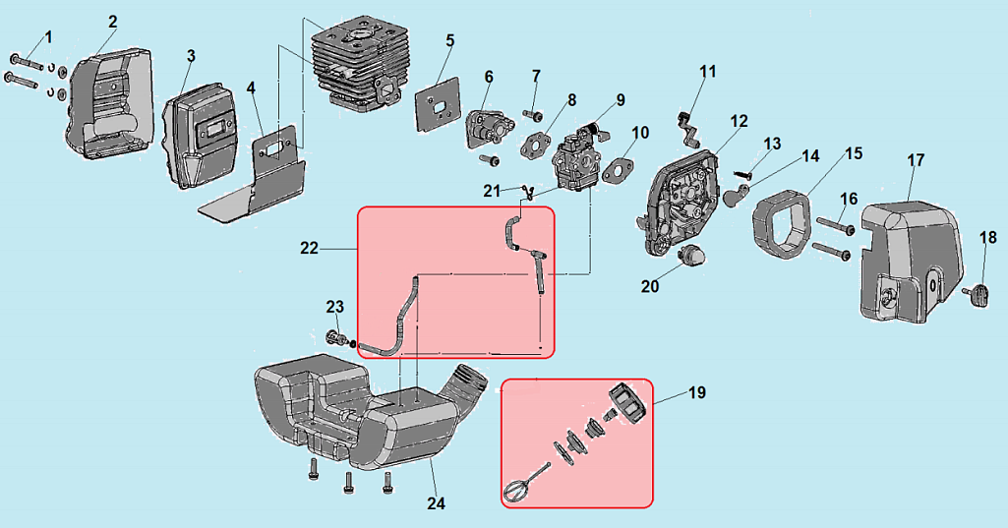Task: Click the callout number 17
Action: click(x=916, y=159)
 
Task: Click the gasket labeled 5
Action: click(x=435, y=100)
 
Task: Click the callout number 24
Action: click(x=436, y=503)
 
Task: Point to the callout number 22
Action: click(x=309, y=250)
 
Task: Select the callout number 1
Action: click(x=48, y=36)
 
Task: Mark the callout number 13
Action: click(x=772, y=144)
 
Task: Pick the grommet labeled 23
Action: click(x=335, y=339)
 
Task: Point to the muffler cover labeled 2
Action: click(x=109, y=103)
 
